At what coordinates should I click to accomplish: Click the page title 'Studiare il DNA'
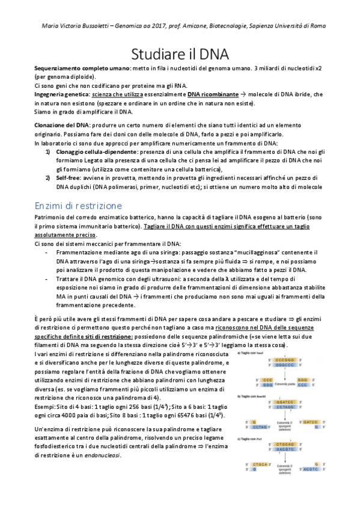[x=180, y=54]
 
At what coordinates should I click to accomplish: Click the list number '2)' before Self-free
[x=49, y=179]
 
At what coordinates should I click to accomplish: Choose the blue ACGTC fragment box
[x=311, y=469]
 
